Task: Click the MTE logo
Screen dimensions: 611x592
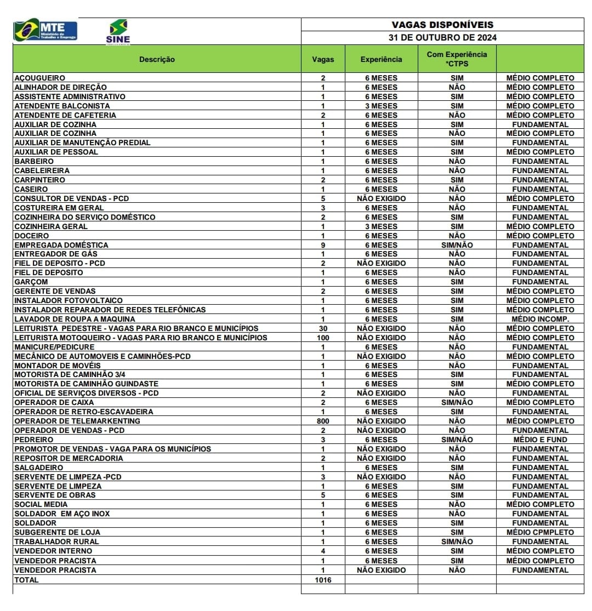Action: click(45, 30)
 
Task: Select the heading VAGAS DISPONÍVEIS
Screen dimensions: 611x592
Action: click(442, 25)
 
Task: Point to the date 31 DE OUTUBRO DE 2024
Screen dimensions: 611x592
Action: click(442, 38)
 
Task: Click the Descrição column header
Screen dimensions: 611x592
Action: click(157, 59)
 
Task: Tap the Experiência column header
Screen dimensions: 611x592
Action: click(381, 59)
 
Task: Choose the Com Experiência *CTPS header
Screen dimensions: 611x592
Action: click(457, 59)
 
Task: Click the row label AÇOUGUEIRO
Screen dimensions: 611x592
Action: click(39, 78)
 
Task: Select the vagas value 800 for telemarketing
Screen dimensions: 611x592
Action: click(323, 421)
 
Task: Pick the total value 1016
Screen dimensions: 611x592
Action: click(323, 579)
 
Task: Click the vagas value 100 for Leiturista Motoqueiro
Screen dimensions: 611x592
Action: click(323, 338)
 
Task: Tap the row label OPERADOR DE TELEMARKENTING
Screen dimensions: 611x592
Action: click(77, 421)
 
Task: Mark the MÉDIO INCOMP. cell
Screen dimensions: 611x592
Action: click(540, 319)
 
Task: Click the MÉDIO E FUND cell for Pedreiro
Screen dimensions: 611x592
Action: click(540, 439)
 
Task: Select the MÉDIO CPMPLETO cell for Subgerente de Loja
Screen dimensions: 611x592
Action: click(540, 532)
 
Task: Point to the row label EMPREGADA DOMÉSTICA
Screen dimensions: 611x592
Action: click(61, 245)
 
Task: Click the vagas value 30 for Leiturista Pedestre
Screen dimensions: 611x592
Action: click(323, 328)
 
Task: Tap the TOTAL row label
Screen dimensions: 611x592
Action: click(26, 579)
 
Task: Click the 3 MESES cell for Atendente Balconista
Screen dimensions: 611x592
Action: click(381, 106)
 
